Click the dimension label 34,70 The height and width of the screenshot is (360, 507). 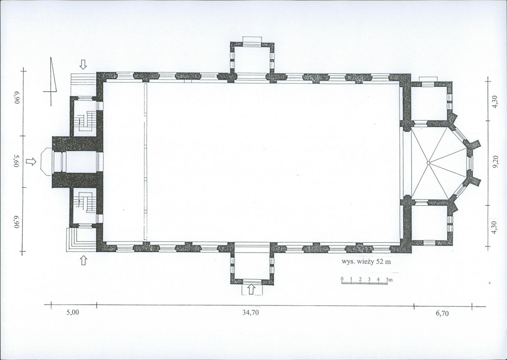point(250,313)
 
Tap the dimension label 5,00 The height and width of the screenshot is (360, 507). point(72,313)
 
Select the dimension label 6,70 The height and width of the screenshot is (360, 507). point(442,313)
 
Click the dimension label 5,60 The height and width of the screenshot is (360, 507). point(16,160)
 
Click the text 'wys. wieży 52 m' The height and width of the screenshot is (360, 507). point(366,262)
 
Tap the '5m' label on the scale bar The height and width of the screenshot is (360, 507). point(389,279)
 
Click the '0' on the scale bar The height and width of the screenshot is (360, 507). point(342,279)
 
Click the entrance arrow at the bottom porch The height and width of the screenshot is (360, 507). point(251,289)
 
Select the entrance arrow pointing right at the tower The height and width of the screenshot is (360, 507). point(31,161)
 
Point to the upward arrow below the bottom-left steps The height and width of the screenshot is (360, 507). point(83,260)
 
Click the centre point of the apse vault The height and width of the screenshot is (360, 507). point(428,163)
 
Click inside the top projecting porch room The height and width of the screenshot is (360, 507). point(251,61)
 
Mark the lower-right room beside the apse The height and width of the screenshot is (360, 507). point(429,223)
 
